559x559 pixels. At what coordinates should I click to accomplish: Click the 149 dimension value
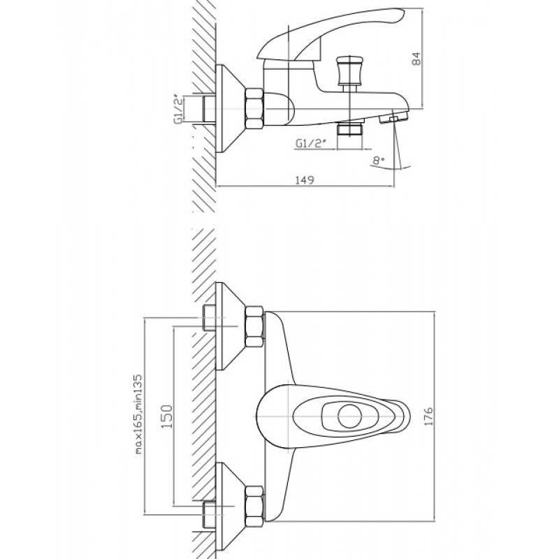(x=305, y=180)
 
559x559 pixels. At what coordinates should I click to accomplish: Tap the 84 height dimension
(x=416, y=59)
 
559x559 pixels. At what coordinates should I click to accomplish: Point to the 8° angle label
(x=379, y=160)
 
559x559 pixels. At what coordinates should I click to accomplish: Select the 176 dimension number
(x=428, y=415)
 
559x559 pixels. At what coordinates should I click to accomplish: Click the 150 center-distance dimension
(x=166, y=416)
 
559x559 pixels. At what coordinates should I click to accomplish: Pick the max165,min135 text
(x=138, y=414)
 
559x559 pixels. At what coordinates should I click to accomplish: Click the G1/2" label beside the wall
(x=179, y=109)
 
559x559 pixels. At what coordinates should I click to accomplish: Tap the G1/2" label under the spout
(x=311, y=143)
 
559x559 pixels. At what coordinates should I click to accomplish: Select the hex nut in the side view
(x=254, y=108)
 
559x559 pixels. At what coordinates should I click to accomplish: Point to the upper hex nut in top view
(x=254, y=326)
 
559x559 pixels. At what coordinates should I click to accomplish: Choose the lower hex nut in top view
(x=254, y=506)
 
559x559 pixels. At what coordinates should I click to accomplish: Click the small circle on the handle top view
(x=350, y=416)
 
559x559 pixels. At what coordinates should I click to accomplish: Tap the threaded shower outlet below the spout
(x=351, y=129)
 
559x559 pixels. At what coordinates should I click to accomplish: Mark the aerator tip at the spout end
(x=394, y=117)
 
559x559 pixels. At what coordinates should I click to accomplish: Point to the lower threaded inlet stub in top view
(x=209, y=514)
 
